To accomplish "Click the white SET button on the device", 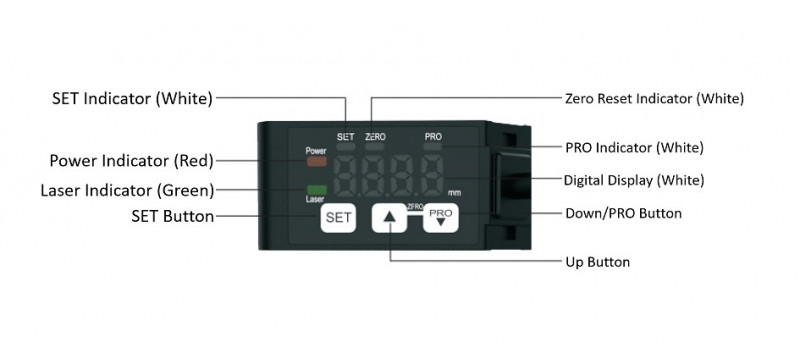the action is pyautogui.click(x=337, y=216).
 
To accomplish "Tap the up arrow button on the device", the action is pyautogui.click(x=389, y=217).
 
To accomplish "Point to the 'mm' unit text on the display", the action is pyautogui.click(x=454, y=191).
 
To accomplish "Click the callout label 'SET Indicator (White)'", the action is pyautogui.click(x=132, y=98).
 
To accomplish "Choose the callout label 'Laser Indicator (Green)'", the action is pyautogui.click(x=126, y=190).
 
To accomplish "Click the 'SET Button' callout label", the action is pyautogui.click(x=171, y=215).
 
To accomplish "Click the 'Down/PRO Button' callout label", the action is pyautogui.click(x=623, y=213).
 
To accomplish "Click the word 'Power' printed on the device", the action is pyautogui.click(x=317, y=150).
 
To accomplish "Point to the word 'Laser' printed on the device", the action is pyautogui.click(x=316, y=199).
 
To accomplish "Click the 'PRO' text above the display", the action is pyautogui.click(x=433, y=135).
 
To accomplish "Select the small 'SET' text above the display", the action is pyautogui.click(x=346, y=135).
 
